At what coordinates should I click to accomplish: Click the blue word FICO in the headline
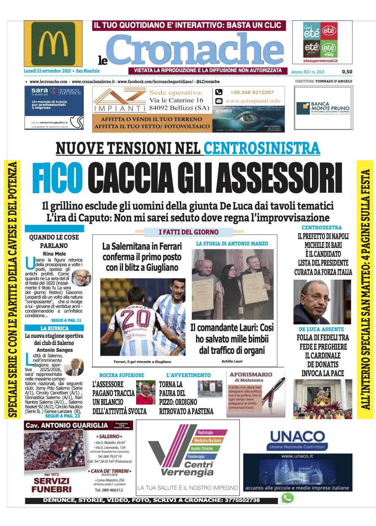(57, 175)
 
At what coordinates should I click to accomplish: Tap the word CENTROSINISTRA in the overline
(262, 148)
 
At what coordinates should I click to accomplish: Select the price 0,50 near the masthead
(347, 72)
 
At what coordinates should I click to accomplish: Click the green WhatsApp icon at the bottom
(287, 498)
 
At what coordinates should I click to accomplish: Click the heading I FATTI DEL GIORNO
(188, 232)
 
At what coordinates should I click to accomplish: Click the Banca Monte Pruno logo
(323, 108)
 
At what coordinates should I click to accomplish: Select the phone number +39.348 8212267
(252, 92)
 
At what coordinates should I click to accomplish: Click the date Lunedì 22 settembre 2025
(47, 72)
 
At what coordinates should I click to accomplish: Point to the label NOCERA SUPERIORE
(121, 375)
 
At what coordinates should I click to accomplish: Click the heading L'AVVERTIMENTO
(188, 375)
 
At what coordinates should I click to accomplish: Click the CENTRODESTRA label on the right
(322, 228)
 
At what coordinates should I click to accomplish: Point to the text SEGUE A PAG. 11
(66, 321)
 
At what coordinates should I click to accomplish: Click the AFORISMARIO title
(250, 374)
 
